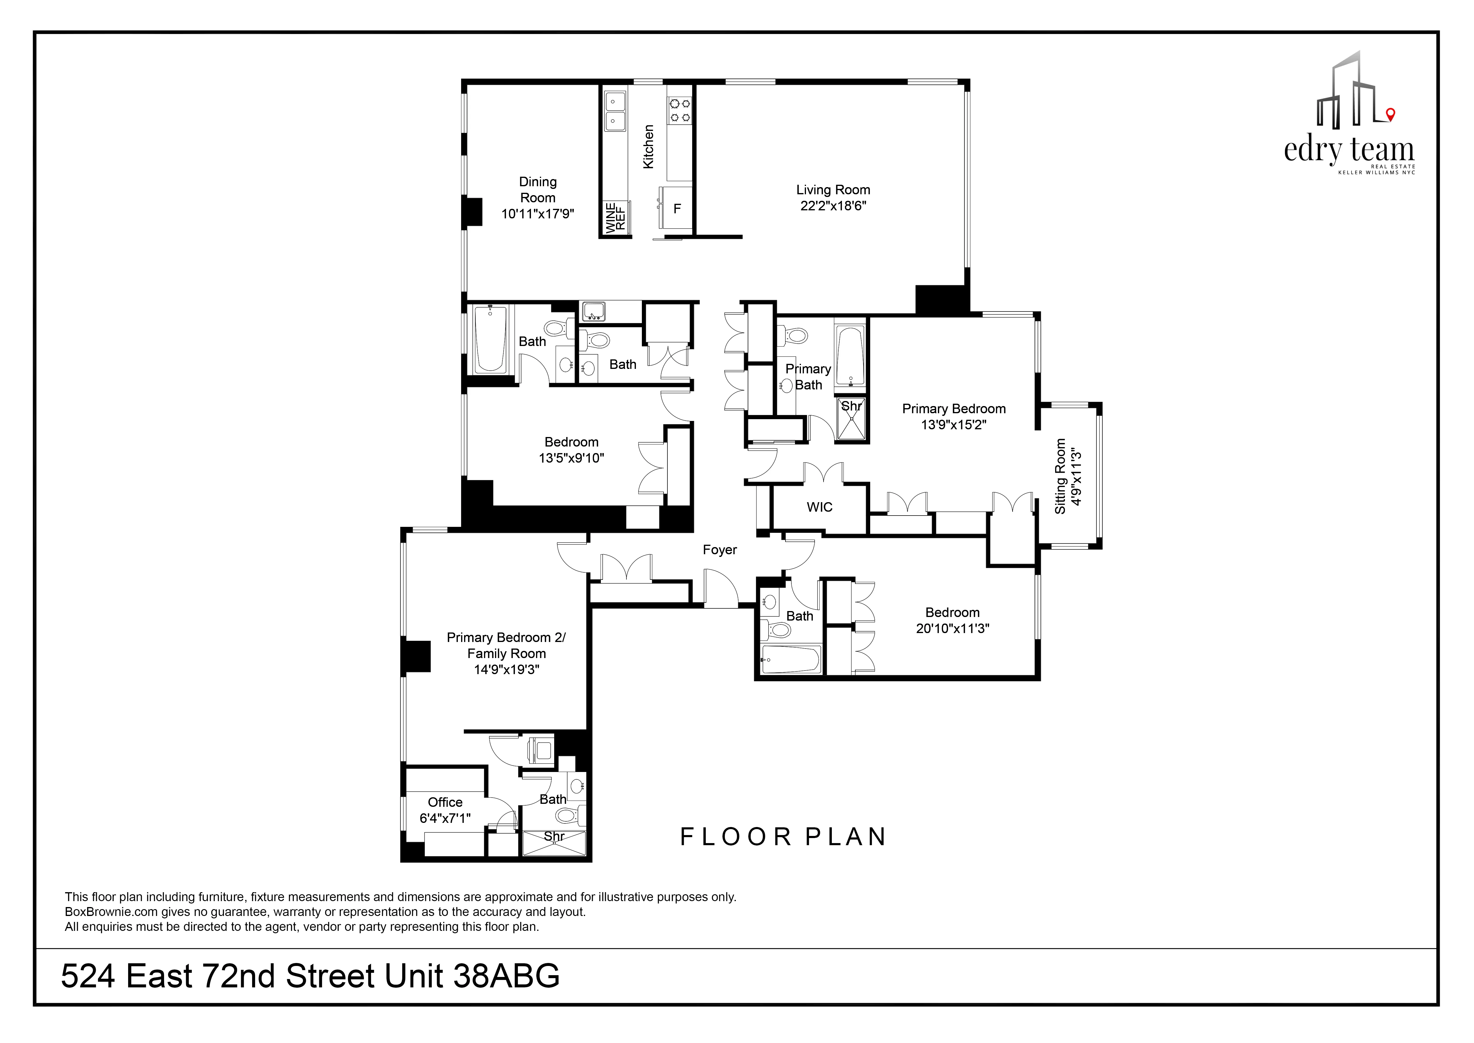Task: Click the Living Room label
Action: (x=833, y=190)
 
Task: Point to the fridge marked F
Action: (x=677, y=209)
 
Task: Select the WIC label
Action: (x=819, y=508)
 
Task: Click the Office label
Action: (x=445, y=802)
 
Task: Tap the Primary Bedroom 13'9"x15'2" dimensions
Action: (x=953, y=425)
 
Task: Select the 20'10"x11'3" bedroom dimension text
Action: (x=952, y=629)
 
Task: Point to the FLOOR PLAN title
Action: (x=783, y=837)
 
